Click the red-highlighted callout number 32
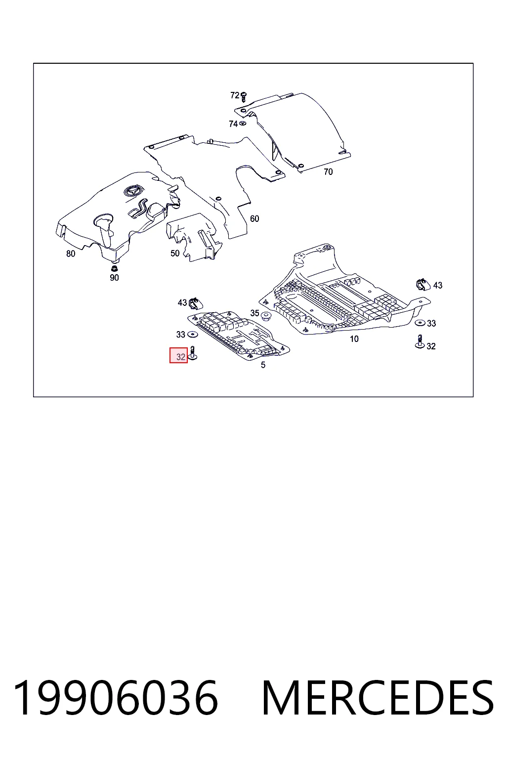pyautogui.click(x=181, y=356)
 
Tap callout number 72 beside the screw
pyautogui.click(x=235, y=95)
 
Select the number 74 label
pyautogui.click(x=233, y=124)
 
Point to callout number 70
pyautogui.click(x=328, y=172)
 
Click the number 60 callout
pyautogui.click(x=254, y=218)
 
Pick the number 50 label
pyautogui.click(x=174, y=253)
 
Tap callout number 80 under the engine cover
pyautogui.click(x=71, y=253)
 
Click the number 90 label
pyautogui.click(x=114, y=278)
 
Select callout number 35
pyautogui.click(x=254, y=313)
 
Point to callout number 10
pyautogui.click(x=354, y=339)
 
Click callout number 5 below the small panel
pyautogui.click(x=263, y=365)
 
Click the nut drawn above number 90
pyautogui.click(x=114, y=269)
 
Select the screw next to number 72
pyautogui.click(x=244, y=97)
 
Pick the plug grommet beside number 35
pyautogui.click(x=265, y=317)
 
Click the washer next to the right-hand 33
pyautogui.click(x=420, y=323)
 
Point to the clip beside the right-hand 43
pyautogui.click(x=423, y=285)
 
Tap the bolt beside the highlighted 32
pyautogui.click(x=192, y=353)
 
